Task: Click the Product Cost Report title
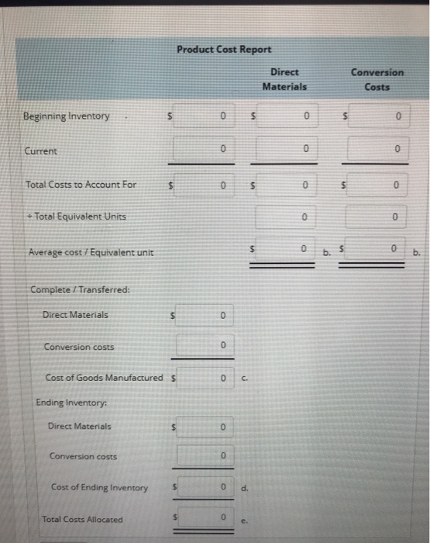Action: [x=223, y=50]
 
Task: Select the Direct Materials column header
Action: [x=284, y=79]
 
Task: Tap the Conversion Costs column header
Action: [x=377, y=79]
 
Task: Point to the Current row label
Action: [x=40, y=151]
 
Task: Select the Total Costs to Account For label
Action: [x=81, y=185]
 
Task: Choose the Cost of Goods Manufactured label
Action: [x=105, y=378]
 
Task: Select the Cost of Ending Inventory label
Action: [x=99, y=487]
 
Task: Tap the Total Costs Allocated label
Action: [x=82, y=519]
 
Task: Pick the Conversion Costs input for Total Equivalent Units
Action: [x=376, y=218]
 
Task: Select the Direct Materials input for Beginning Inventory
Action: [x=286, y=117]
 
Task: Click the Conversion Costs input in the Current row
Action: [x=376, y=147]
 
